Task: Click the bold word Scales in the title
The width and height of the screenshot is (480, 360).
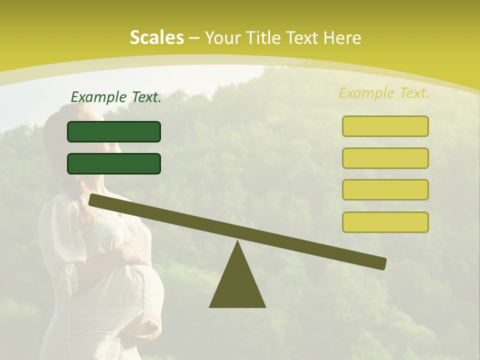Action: click(156, 37)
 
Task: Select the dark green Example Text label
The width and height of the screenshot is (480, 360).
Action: click(116, 97)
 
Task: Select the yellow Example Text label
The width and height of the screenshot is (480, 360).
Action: click(384, 93)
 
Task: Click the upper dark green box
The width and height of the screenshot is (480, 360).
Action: click(114, 131)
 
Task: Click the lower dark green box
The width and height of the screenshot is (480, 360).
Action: click(114, 163)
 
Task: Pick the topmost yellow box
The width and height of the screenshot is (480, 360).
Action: click(385, 126)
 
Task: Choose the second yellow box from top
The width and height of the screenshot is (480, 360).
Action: click(385, 158)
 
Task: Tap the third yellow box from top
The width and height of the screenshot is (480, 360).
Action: click(385, 189)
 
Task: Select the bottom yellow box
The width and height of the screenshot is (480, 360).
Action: click(385, 222)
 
